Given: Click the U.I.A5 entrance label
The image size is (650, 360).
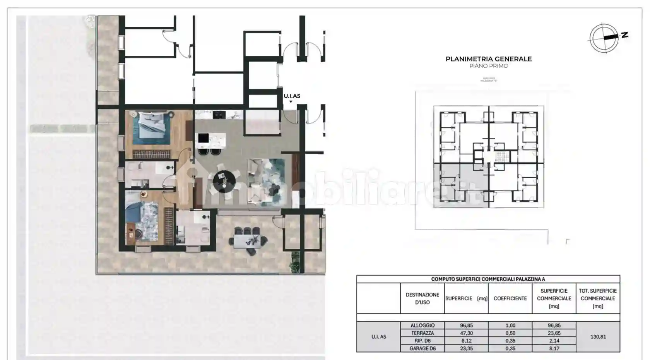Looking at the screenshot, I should [x=292, y=96].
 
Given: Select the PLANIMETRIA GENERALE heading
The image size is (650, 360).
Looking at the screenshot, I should [x=488, y=59].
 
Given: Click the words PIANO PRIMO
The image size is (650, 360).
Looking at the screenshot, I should [x=488, y=66].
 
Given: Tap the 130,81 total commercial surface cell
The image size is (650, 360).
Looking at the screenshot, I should [x=598, y=337].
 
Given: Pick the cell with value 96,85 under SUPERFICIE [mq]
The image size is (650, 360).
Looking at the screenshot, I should [x=466, y=326].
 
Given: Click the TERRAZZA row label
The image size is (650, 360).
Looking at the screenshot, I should [x=422, y=333].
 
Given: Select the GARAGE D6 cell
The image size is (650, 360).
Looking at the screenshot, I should [x=422, y=348].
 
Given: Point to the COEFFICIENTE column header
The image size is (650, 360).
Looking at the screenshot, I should [x=510, y=298].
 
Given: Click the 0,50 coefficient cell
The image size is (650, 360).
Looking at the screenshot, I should [x=510, y=333].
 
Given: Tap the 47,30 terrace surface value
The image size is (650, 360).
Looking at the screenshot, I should [x=466, y=333].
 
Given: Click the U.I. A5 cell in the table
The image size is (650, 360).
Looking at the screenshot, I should [x=378, y=337].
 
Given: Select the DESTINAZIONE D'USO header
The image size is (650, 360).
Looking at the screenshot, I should [x=422, y=298].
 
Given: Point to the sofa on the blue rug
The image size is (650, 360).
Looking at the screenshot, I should [x=255, y=182].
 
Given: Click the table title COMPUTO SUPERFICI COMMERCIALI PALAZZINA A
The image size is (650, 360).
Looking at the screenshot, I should [x=488, y=279].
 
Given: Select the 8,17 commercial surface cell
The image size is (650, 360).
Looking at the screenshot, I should [x=554, y=348].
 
